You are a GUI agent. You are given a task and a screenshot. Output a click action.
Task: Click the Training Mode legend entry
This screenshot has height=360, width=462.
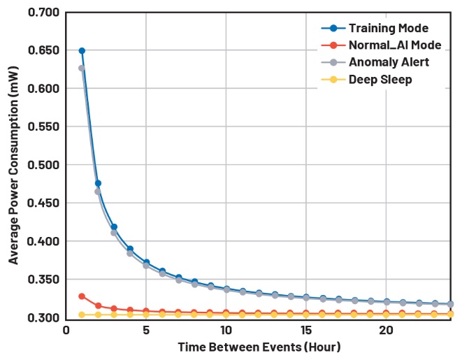coord(389,29)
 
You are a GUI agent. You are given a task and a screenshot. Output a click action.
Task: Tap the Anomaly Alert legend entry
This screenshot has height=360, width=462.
coord(389,62)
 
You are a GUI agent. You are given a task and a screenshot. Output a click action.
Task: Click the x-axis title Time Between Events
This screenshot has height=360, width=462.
coord(259,347)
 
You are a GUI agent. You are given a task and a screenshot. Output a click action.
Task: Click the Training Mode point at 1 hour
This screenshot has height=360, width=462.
coord(82,51)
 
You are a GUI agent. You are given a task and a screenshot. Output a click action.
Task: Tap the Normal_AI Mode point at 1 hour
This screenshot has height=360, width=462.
coord(82,296)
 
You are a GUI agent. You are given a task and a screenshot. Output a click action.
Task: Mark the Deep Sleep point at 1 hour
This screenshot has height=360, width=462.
coord(82,315)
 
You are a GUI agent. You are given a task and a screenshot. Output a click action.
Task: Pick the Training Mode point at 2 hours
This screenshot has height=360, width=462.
coord(98,183)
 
